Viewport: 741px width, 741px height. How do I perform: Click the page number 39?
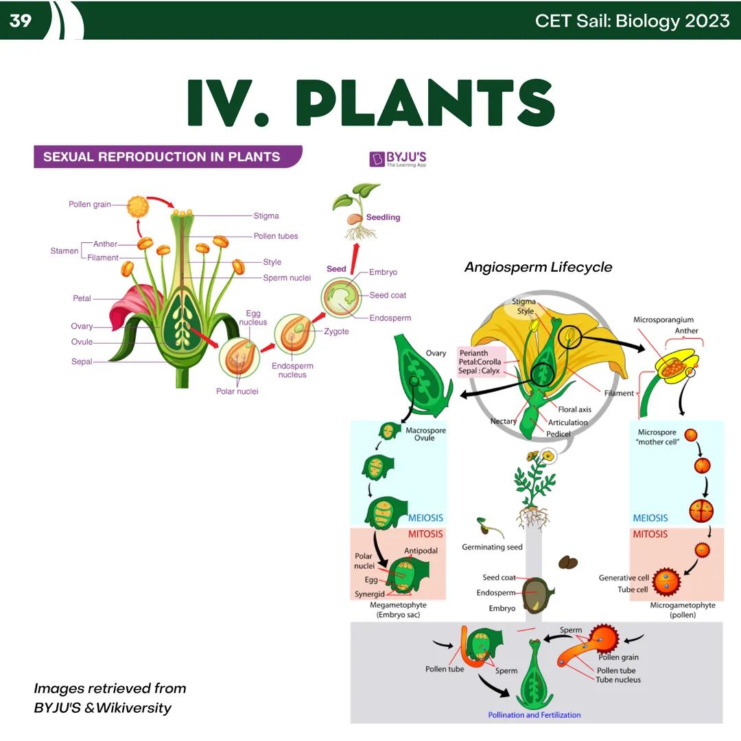click(x=21, y=21)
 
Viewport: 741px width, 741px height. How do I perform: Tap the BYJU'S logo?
click(x=398, y=159)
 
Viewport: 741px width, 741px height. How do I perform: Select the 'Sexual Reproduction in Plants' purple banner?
click(x=162, y=156)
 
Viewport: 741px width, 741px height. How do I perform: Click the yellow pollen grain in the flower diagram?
click(x=139, y=204)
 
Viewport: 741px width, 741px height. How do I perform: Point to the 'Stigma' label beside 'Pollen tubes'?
click(x=266, y=215)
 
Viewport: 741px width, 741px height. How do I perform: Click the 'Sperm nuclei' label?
click(x=287, y=278)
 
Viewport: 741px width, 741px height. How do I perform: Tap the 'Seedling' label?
click(x=383, y=217)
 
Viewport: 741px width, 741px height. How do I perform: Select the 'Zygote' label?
click(x=336, y=331)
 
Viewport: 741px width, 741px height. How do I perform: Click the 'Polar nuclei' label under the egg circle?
click(x=237, y=392)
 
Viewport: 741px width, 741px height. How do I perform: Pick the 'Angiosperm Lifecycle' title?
click(x=538, y=267)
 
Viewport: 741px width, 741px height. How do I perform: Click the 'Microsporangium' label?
click(x=663, y=320)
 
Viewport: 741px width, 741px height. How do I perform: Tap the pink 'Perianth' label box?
click(x=480, y=362)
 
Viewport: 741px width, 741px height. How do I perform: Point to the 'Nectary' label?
click(x=503, y=421)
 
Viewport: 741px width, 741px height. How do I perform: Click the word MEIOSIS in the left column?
click(x=425, y=518)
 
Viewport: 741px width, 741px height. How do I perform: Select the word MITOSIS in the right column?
click(x=650, y=534)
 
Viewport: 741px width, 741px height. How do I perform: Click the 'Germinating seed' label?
click(x=492, y=548)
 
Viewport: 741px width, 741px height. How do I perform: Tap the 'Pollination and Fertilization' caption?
click(x=534, y=715)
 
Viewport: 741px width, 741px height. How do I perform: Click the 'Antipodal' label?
click(x=421, y=550)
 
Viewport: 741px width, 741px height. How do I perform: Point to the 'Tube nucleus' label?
click(x=618, y=680)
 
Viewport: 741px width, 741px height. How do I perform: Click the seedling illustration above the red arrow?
click(x=355, y=209)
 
